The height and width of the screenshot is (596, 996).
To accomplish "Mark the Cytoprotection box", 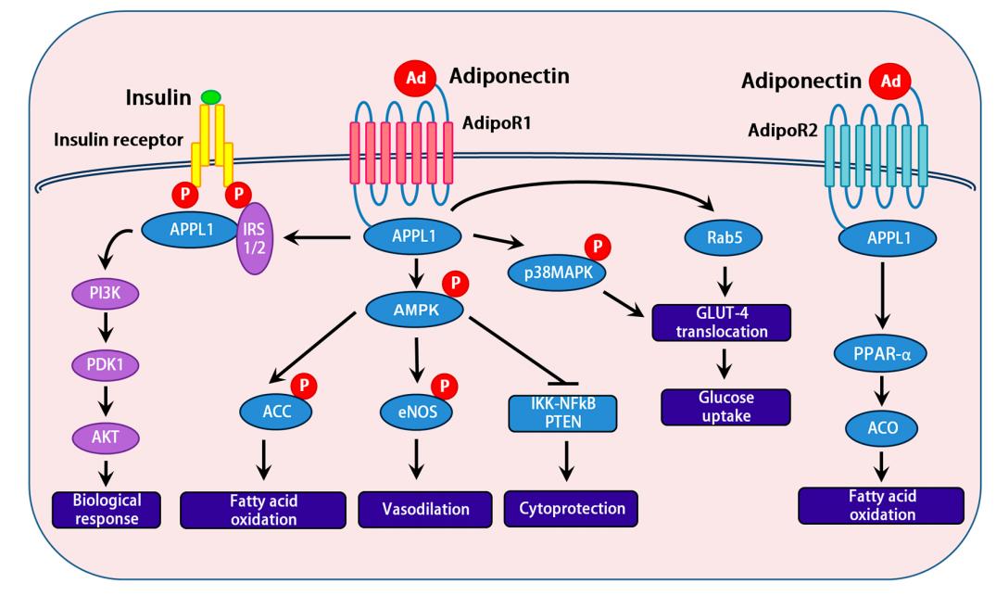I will click(564, 508).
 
